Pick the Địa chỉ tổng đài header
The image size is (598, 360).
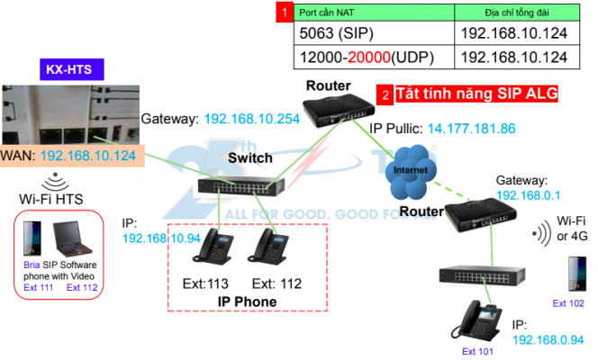tap(515, 13)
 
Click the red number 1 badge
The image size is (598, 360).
tap(284, 13)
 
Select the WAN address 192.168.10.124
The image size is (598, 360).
tap(88, 156)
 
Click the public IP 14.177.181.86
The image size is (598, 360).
tap(471, 129)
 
